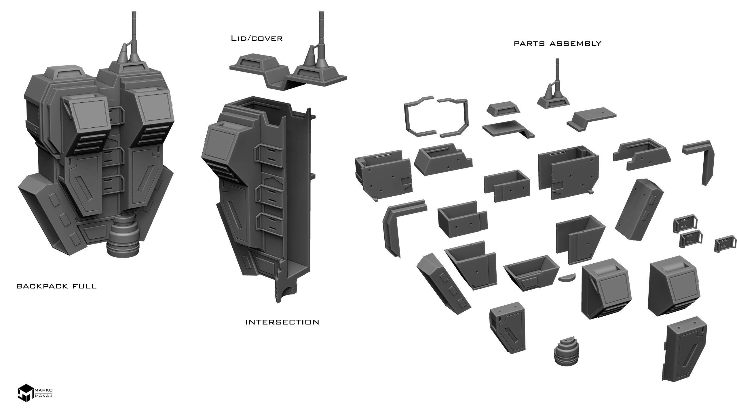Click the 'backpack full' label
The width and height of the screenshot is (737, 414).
pos(56,287)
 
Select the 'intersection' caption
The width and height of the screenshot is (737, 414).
pos(282,322)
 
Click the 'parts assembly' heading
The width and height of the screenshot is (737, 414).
pos(558,44)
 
